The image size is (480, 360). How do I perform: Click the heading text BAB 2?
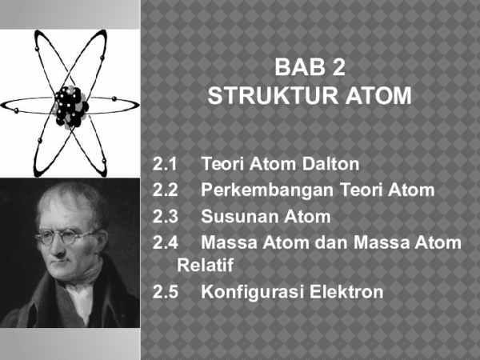pos(309,68)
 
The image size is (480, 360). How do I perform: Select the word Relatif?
pos(205,264)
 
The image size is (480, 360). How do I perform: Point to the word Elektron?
pos(346,292)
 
